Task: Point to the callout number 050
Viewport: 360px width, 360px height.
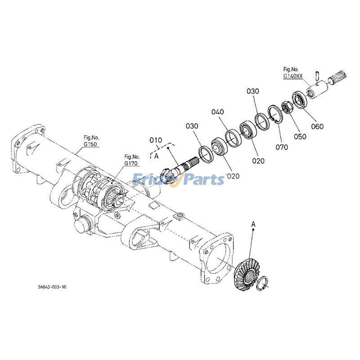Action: click(x=300, y=136)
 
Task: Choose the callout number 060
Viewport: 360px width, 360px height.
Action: click(x=317, y=126)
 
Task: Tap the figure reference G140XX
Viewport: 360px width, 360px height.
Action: click(x=292, y=76)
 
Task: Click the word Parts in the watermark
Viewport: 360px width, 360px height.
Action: click(x=203, y=180)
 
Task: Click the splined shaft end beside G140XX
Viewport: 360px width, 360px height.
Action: click(x=341, y=81)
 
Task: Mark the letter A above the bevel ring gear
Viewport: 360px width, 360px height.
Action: click(x=253, y=223)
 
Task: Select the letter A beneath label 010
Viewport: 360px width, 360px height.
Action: click(x=156, y=156)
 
